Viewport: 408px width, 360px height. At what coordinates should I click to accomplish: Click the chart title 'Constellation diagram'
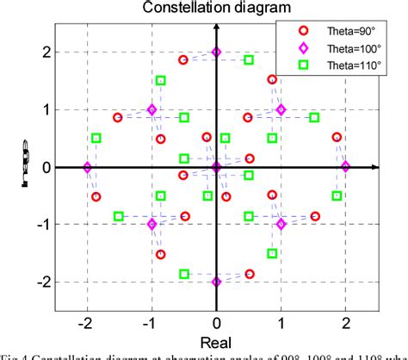[x=216, y=8]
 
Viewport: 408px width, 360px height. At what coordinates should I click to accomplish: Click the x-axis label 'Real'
[x=216, y=343]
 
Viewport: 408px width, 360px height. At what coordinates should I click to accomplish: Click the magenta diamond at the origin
[x=216, y=167]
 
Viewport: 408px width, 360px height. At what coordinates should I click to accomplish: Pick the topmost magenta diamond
[x=216, y=53]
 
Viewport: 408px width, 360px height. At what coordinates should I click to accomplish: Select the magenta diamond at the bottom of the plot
[x=216, y=282]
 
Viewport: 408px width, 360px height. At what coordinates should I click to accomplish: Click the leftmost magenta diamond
[x=87, y=167]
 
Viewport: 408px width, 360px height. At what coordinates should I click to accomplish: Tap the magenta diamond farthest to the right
[x=345, y=167]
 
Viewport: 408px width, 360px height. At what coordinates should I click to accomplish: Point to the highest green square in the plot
[x=249, y=59]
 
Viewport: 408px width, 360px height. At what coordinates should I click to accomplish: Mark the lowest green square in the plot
[x=184, y=274]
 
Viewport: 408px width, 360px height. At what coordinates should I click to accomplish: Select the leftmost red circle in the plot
[x=96, y=196]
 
